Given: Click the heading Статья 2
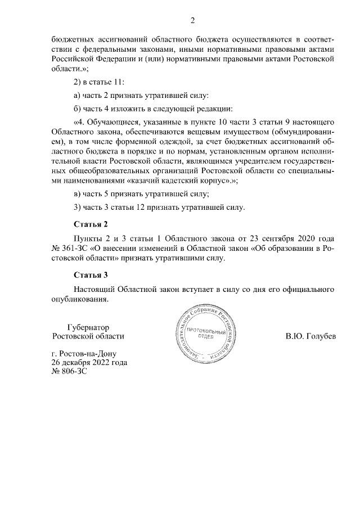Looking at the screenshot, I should (x=90, y=225).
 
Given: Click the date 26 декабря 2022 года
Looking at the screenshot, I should (x=88, y=363).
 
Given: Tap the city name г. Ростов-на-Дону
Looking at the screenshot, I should (x=83, y=354).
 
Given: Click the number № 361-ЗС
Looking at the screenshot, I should (x=69, y=249).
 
